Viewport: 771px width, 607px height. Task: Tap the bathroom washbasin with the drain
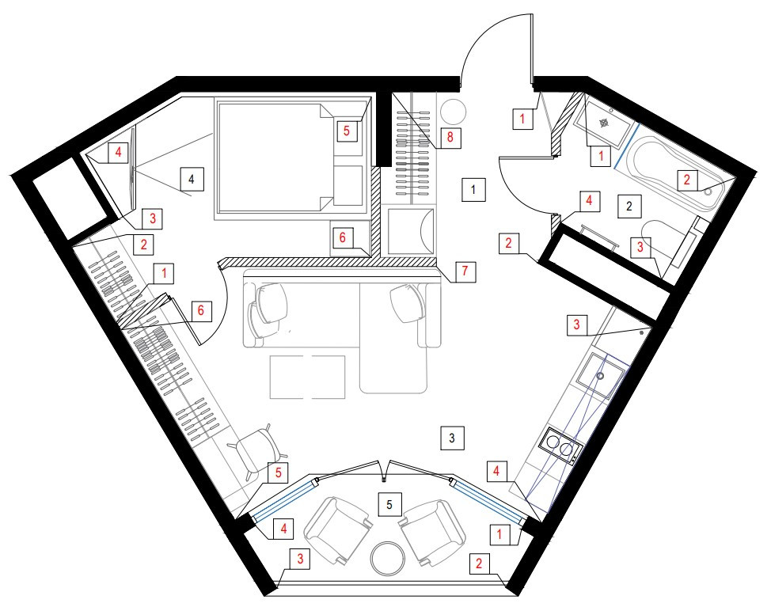point(603,123)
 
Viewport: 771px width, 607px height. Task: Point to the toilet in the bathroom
point(665,241)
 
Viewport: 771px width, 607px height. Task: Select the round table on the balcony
point(388,558)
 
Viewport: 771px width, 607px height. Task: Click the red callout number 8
point(449,137)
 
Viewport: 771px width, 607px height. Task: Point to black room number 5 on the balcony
point(388,503)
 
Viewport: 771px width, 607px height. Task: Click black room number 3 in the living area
point(451,437)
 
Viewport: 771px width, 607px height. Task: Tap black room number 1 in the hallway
point(472,190)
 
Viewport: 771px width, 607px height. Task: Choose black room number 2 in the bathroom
point(629,207)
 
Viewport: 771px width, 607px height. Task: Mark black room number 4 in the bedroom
point(190,180)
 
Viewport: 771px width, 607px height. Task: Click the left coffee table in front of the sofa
point(289,377)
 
